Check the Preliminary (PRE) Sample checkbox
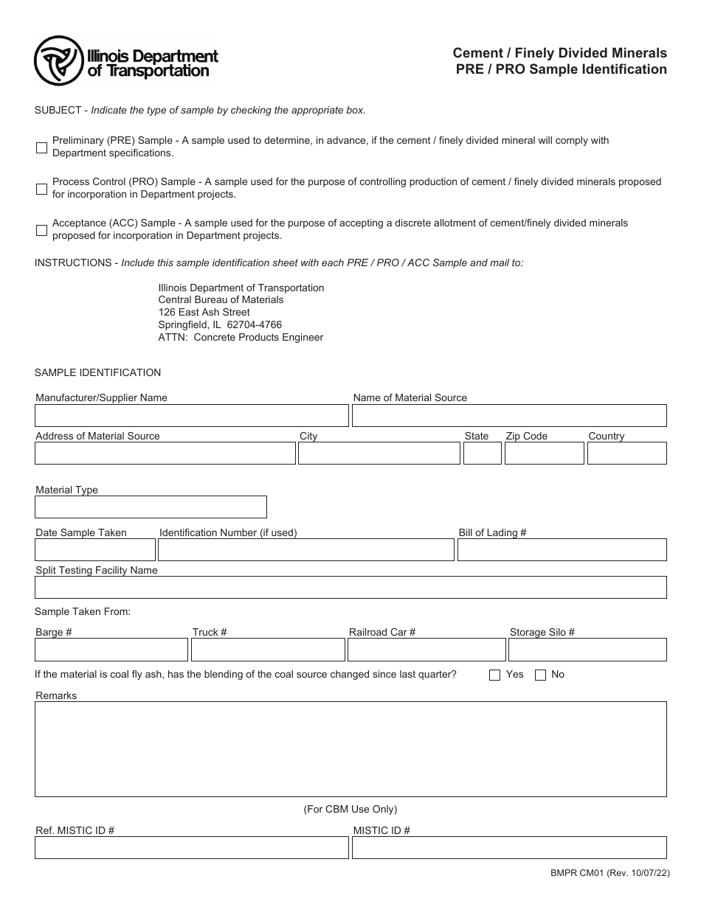(x=41, y=147)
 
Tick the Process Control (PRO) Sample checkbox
(x=41, y=189)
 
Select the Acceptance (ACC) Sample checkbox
(x=41, y=230)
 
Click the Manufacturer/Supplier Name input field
(x=191, y=416)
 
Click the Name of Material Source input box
(x=508, y=416)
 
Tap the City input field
(x=379, y=453)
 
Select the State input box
(x=482, y=453)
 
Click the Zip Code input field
(x=544, y=453)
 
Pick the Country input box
(x=626, y=453)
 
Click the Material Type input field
(x=151, y=507)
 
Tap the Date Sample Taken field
(x=95, y=550)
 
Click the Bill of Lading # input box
(x=562, y=550)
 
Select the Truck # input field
(x=268, y=650)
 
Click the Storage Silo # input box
(x=587, y=650)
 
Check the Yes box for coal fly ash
(x=494, y=675)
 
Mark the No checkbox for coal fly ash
(x=540, y=675)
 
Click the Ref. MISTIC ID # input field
(x=191, y=847)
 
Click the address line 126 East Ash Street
(x=204, y=312)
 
